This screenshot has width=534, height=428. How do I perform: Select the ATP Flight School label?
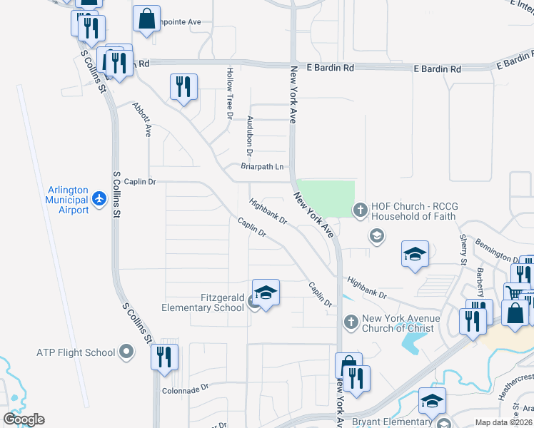[x=76, y=352]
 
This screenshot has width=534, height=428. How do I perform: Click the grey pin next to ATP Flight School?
[x=126, y=352]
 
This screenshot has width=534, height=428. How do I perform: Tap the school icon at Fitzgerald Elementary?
[x=266, y=293]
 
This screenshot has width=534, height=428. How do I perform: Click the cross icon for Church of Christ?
[x=350, y=323]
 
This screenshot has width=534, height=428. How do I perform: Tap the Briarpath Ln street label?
[x=262, y=167]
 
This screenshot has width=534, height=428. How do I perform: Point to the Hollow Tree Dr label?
[x=230, y=93]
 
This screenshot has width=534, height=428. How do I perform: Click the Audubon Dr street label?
[x=250, y=136]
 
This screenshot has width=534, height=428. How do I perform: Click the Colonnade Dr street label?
[x=184, y=389]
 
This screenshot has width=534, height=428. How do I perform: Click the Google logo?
[x=24, y=419]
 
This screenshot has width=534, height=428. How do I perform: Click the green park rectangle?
[x=326, y=198]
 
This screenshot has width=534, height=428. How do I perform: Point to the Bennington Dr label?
[x=495, y=252]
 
